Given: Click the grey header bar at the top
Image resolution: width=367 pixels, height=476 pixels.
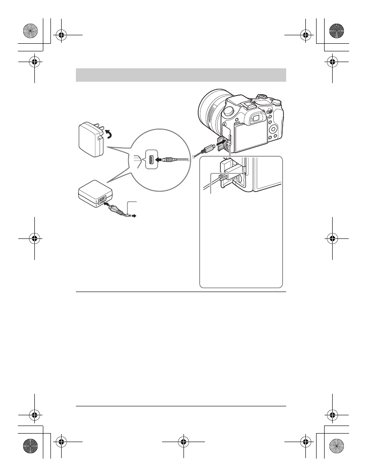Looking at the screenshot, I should [181, 75].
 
